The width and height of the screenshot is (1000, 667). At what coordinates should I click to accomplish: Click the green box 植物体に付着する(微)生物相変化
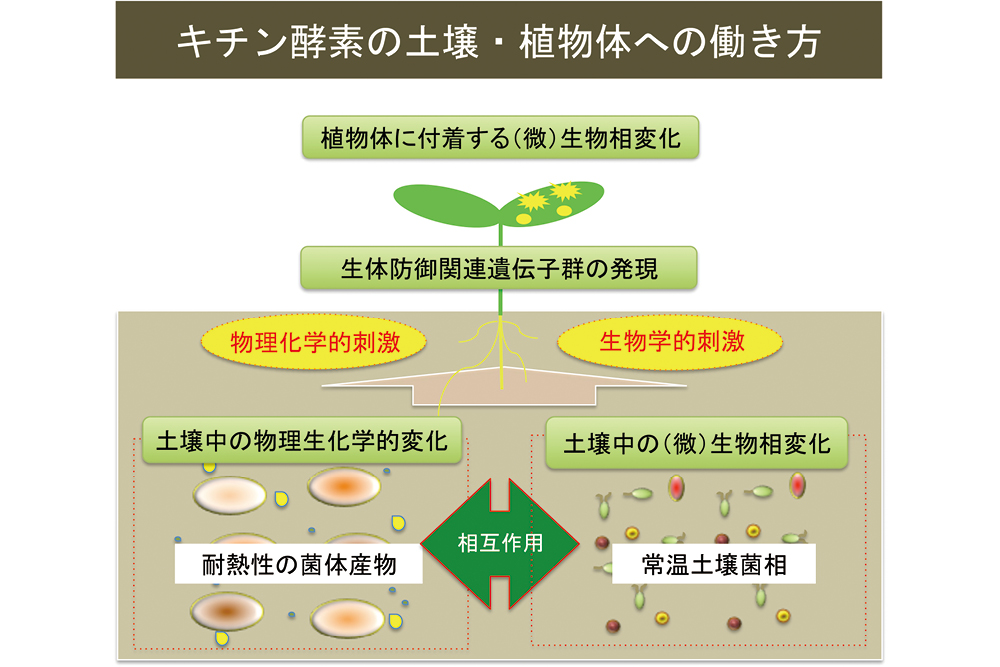[500, 138]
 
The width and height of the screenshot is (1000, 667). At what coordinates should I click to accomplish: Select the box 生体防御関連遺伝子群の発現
[499, 269]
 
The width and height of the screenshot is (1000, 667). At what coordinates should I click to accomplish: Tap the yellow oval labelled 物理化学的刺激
[315, 343]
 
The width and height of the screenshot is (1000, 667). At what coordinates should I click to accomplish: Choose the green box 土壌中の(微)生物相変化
[697, 443]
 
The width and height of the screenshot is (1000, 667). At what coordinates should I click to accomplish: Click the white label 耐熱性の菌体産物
[297, 565]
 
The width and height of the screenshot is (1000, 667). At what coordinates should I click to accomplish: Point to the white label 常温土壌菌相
[714, 565]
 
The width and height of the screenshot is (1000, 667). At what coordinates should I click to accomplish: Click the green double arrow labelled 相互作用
[500, 543]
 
